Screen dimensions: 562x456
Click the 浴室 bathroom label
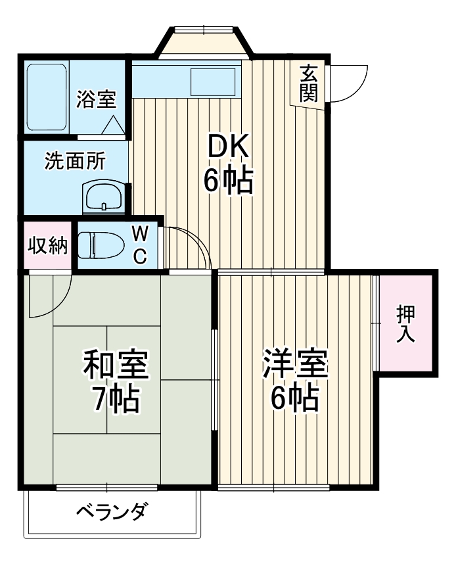point(96,99)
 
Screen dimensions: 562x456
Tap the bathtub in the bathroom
point(47,97)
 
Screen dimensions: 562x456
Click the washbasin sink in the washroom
point(103,196)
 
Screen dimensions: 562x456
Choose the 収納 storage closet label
point(47,246)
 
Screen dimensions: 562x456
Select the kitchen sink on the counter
point(212,82)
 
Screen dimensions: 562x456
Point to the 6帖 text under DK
point(228,181)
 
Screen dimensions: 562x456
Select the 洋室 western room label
point(296,365)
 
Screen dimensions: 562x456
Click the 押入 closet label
point(405,324)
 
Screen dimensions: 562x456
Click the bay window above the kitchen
point(204,43)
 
